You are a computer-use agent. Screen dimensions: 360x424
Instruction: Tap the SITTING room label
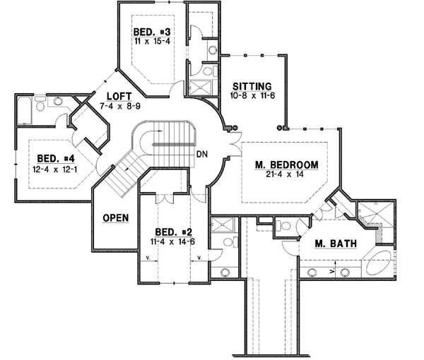[x=252, y=85]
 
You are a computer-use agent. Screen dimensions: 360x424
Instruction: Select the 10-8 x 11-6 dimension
[x=252, y=95]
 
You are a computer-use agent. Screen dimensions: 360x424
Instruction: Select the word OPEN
[x=115, y=217]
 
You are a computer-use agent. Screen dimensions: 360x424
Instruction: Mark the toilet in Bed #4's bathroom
[x=41, y=104]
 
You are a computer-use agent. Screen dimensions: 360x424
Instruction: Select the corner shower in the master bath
[x=369, y=214]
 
